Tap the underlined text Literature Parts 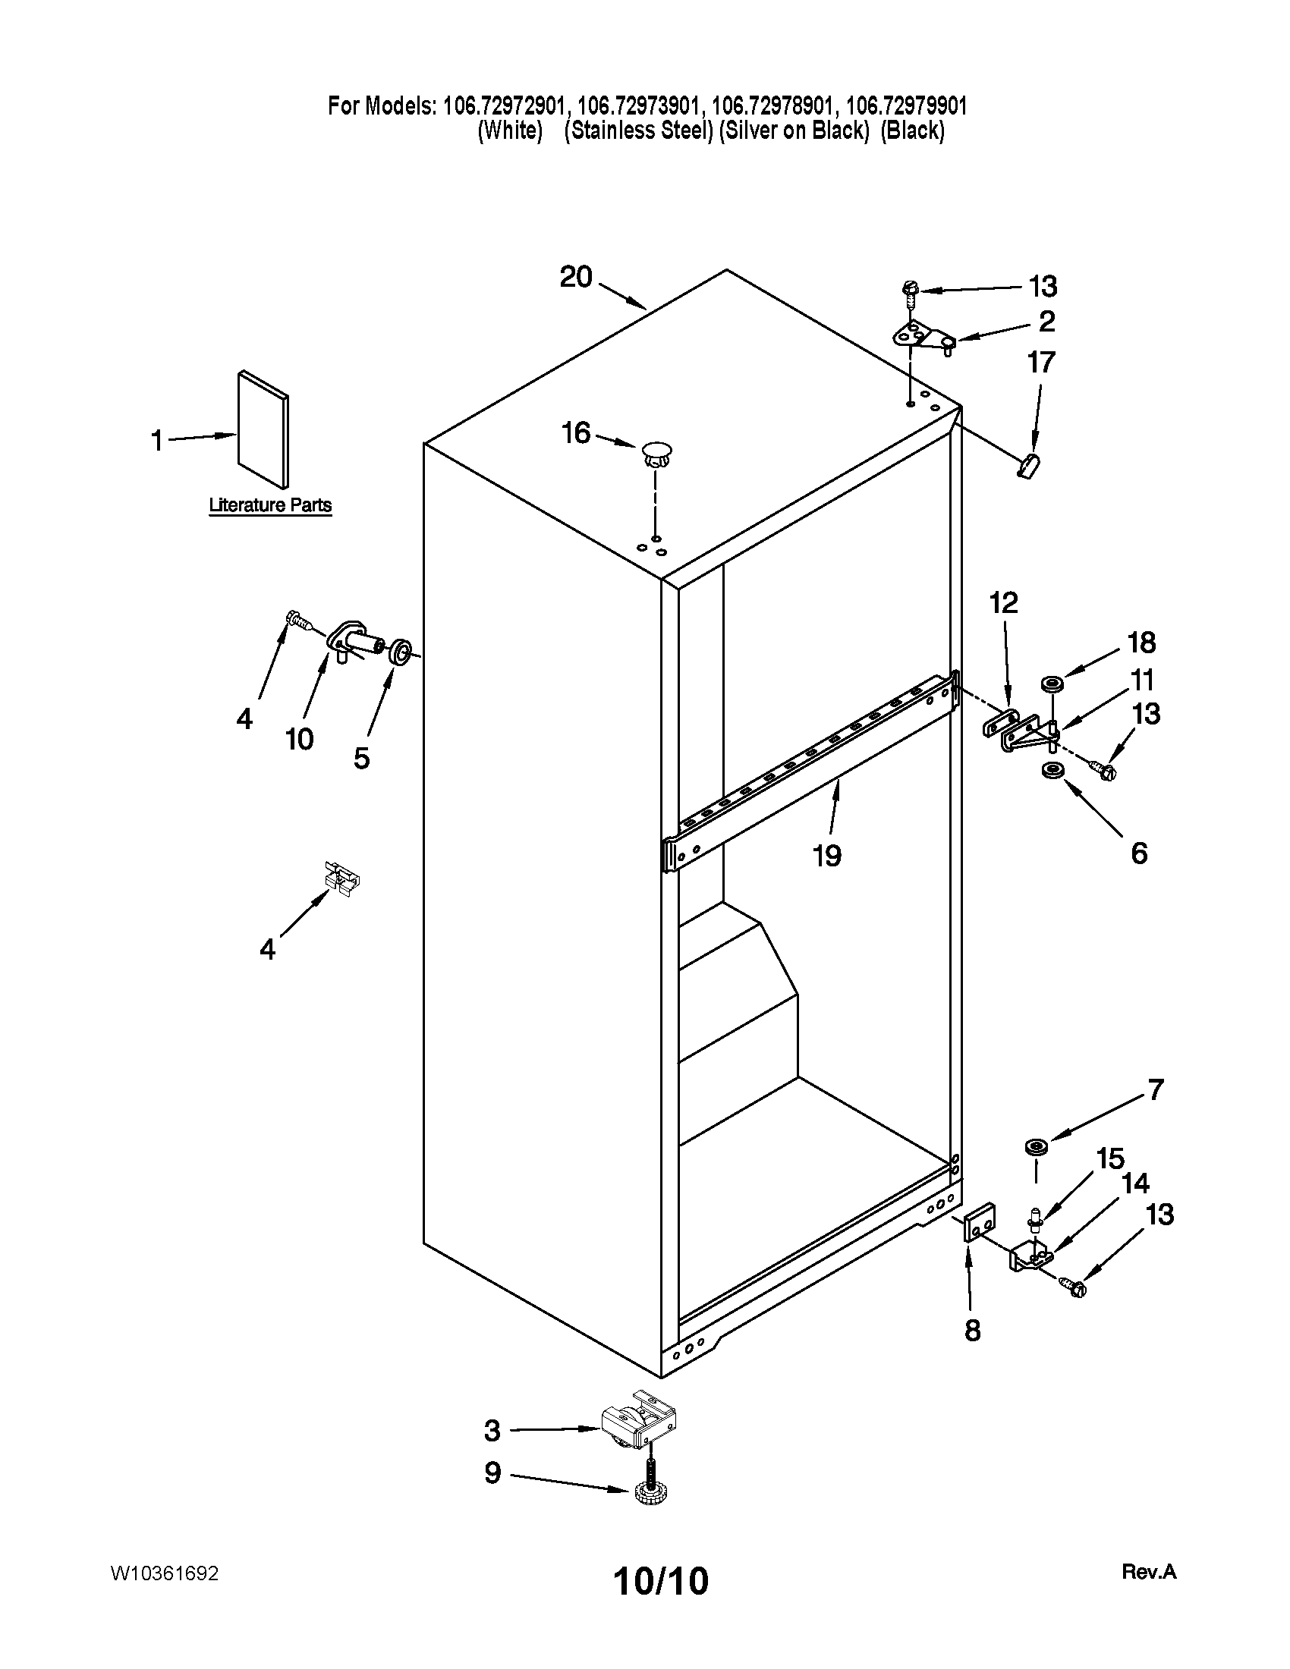271,505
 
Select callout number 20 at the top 576,277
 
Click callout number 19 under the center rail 827,855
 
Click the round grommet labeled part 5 401,652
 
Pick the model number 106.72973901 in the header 639,105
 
